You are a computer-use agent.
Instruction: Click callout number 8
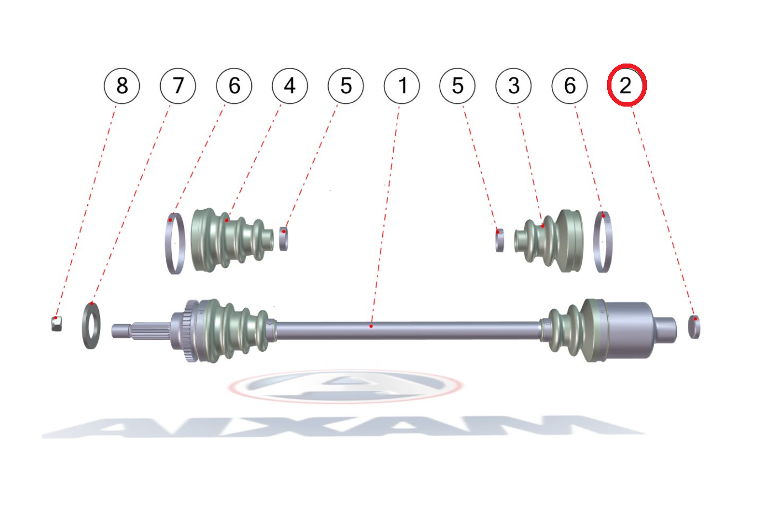coord(122,86)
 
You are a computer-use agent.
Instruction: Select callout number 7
coord(178,86)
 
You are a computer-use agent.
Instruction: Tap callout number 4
coord(289,86)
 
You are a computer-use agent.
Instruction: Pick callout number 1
coord(402,86)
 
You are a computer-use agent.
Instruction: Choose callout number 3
coord(514,86)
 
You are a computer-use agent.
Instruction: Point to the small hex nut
coord(57,324)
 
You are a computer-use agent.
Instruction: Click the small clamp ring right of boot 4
coord(284,239)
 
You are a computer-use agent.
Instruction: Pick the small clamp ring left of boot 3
coord(500,240)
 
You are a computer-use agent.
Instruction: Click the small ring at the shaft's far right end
coord(694,327)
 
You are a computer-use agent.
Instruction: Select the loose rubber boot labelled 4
coord(231,240)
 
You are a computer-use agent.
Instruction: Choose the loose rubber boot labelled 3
coord(549,241)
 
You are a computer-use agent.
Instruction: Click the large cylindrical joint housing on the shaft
coord(627,330)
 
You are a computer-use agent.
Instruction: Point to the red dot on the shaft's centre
coord(371,326)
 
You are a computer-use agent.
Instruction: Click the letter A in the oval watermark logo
coord(345,386)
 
